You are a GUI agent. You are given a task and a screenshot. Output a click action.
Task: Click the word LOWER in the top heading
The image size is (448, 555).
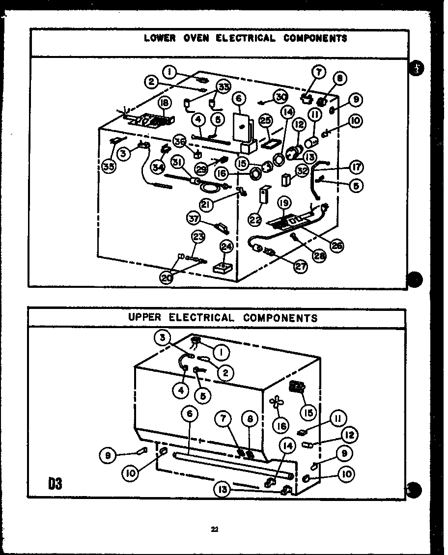(159, 38)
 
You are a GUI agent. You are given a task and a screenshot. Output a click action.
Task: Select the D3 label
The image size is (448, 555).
(55, 484)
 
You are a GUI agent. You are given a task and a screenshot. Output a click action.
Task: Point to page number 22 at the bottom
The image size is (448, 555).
(215, 529)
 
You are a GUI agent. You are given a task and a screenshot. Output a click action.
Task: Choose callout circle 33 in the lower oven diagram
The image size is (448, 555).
(224, 87)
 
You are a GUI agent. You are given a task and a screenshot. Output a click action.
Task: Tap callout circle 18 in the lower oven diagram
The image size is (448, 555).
(164, 102)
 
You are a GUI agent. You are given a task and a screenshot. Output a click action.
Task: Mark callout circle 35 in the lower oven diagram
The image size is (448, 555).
(110, 166)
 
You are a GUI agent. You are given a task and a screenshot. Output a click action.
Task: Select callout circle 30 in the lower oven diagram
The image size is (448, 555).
(280, 97)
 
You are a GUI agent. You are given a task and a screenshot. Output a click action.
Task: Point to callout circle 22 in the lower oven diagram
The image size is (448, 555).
(255, 221)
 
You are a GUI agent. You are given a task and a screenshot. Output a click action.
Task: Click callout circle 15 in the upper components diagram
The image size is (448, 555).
(308, 413)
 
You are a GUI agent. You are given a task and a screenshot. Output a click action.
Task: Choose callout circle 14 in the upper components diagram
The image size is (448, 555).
(288, 446)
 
